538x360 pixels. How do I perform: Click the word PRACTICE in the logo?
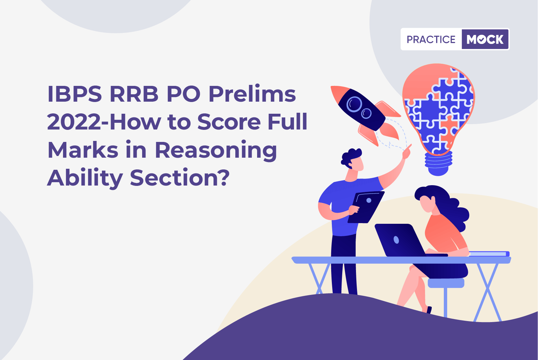(431, 39)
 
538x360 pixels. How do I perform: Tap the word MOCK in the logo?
(485, 39)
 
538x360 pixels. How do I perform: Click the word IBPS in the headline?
(75, 94)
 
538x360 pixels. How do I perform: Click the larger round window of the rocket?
(354, 104)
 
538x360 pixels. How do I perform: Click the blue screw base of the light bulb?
(438, 163)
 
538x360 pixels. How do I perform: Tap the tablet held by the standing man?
(366, 207)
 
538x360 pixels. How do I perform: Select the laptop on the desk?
(406, 240)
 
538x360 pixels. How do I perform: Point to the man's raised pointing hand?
(407, 152)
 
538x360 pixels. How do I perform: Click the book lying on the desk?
(488, 254)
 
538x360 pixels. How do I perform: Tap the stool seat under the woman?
(446, 283)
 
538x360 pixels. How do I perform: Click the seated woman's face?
(427, 204)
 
